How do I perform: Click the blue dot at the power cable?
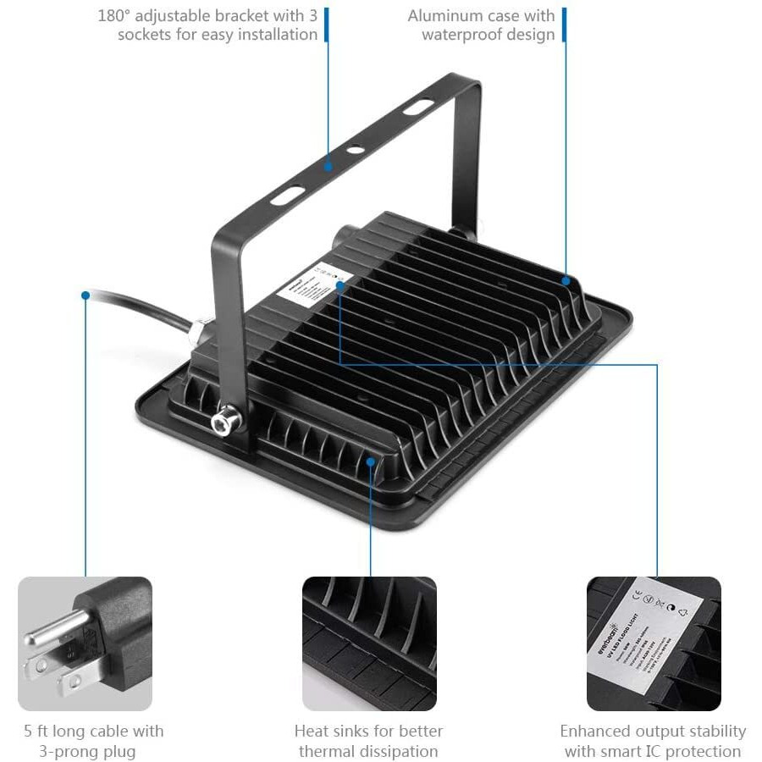click(x=85, y=295)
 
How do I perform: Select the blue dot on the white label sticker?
click(x=340, y=285)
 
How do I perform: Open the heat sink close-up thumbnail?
click(x=370, y=643)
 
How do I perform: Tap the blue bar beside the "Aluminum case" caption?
click(x=564, y=25)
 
